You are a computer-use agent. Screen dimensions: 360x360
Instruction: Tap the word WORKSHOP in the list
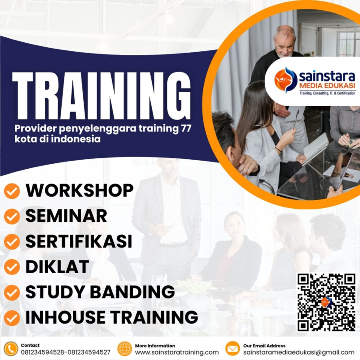tap(79, 191)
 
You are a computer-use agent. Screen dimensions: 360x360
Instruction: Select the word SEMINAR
tap(66, 216)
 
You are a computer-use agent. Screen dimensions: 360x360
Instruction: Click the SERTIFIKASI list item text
tap(79, 242)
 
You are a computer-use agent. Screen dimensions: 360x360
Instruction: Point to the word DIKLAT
tap(57, 267)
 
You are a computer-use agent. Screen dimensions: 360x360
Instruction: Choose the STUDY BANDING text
tap(100, 292)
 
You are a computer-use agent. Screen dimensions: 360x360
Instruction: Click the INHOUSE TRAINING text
tap(112, 317)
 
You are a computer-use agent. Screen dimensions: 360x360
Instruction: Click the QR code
tap(326, 302)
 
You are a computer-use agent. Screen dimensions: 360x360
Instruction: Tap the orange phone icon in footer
tap(11, 349)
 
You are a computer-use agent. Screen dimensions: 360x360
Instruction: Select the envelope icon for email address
tap(232, 349)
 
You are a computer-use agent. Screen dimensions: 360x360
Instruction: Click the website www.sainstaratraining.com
tap(177, 352)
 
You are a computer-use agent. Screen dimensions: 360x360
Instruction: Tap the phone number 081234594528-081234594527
tap(65, 352)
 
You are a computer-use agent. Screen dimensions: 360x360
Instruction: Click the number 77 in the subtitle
tap(185, 129)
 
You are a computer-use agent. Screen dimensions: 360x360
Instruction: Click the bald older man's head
tap(284, 38)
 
